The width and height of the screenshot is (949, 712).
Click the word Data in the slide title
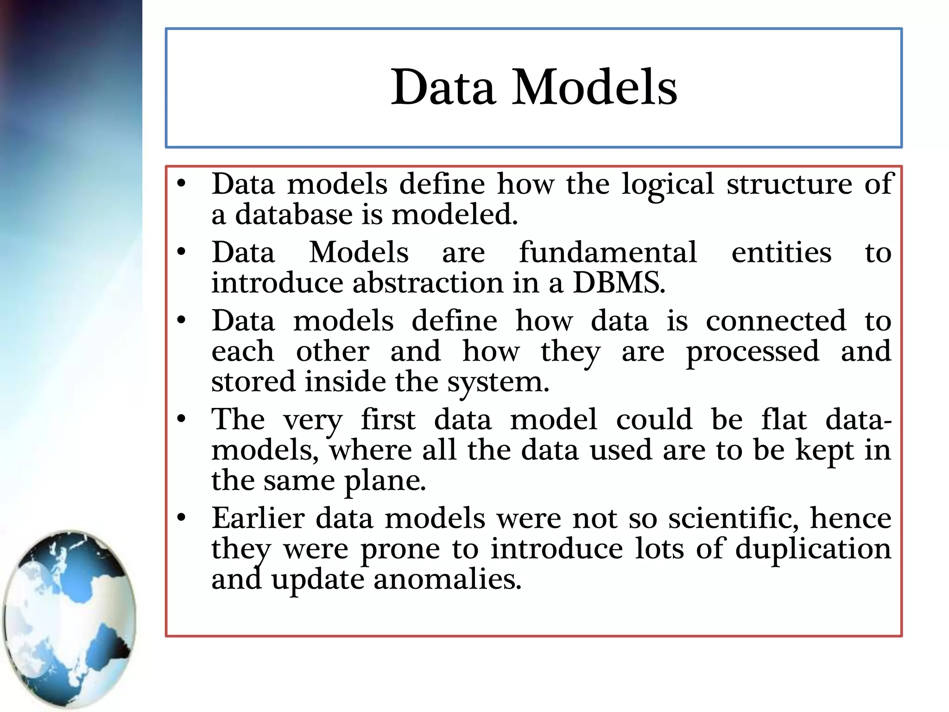click(x=443, y=87)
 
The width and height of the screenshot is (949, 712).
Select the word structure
click(x=789, y=184)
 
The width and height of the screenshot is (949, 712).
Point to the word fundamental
click(x=608, y=253)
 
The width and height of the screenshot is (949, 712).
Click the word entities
click(x=781, y=253)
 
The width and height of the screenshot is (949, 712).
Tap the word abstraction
click(x=427, y=283)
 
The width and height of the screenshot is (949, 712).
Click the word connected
click(x=776, y=321)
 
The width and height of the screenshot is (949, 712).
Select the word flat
click(x=784, y=420)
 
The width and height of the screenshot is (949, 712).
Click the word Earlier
click(x=258, y=518)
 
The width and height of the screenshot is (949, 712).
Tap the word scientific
click(x=733, y=518)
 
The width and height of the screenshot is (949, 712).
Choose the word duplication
click(x=813, y=549)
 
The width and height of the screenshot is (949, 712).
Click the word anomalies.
click(x=447, y=579)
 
